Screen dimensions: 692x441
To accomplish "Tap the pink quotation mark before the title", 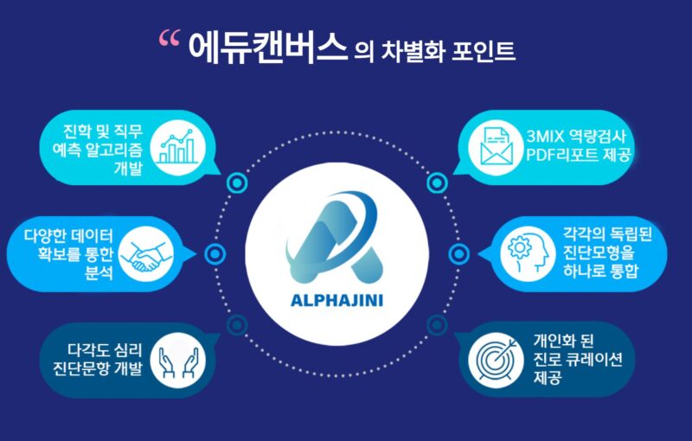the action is pos(170,39).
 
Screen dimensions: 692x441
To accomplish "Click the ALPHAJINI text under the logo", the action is pos(344,302).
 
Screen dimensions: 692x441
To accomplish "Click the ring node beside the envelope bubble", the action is pos(438,182).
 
